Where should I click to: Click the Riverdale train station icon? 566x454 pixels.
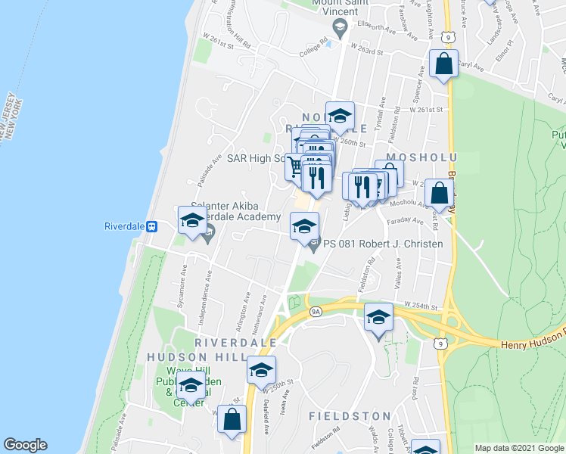click(x=151, y=225)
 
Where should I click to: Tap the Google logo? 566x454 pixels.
click(x=25, y=445)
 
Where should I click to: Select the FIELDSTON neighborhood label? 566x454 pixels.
click(x=350, y=416)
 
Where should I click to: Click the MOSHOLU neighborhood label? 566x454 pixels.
click(x=412, y=156)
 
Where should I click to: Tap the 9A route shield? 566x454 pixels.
click(x=316, y=310)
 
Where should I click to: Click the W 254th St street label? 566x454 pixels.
click(x=421, y=305)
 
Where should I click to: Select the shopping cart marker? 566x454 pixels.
click(x=295, y=166)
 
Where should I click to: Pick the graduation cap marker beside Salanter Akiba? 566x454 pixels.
click(x=191, y=219)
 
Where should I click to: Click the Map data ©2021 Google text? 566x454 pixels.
click(x=518, y=448)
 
